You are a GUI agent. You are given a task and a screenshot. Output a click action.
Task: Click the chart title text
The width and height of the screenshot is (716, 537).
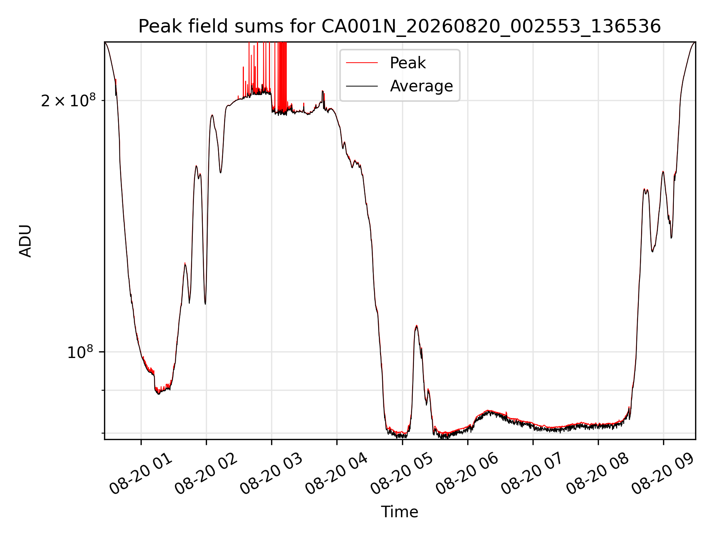(399, 26)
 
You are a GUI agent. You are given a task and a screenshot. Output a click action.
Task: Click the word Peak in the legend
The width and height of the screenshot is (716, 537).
(408, 63)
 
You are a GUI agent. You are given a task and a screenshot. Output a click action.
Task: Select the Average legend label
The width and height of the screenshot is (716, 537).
(421, 86)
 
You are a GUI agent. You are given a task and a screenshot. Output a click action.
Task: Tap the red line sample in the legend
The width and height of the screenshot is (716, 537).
(362, 63)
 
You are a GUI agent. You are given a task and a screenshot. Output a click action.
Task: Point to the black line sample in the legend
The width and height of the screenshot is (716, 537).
(362, 86)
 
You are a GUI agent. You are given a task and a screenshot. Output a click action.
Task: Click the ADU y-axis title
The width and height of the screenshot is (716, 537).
(25, 241)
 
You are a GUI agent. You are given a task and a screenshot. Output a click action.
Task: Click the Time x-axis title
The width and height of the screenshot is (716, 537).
(399, 512)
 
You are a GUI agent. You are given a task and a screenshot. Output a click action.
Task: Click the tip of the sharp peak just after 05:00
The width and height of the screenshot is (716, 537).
(416, 326)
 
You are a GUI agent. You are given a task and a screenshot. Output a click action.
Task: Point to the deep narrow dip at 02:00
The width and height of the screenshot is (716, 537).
(205, 304)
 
